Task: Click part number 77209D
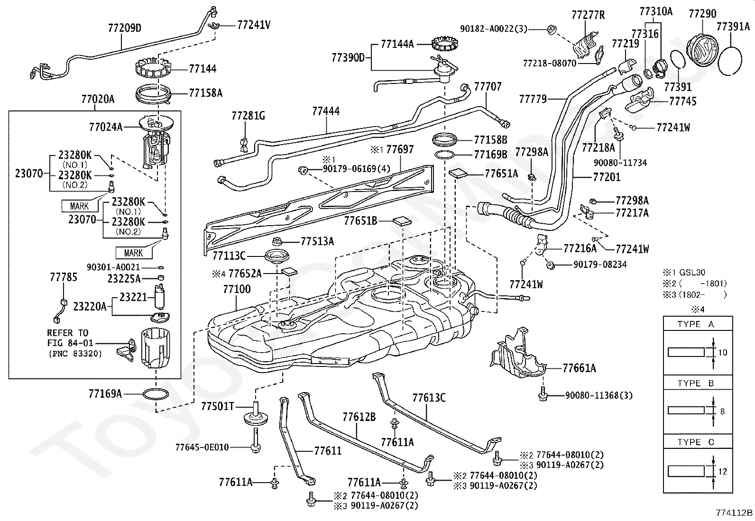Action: (x=125, y=27)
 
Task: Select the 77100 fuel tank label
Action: (x=237, y=289)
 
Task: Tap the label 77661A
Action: (x=580, y=368)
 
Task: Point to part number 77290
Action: (x=702, y=13)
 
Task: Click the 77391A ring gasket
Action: (x=730, y=61)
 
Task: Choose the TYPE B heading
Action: (x=696, y=383)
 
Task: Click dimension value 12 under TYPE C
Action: (x=723, y=472)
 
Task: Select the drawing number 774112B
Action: (x=734, y=512)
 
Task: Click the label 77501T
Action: (x=217, y=406)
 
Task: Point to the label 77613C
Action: (x=429, y=398)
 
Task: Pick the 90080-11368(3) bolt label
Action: (x=599, y=395)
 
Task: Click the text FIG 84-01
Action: (x=70, y=343)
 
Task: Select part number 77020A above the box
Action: (x=98, y=99)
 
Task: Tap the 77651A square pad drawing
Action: (x=458, y=173)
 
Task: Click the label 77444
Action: (x=326, y=111)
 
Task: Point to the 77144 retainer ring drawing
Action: (x=153, y=68)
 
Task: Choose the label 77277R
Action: (x=588, y=15)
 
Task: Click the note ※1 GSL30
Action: (x=684, y=272)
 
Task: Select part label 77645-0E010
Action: (x=202, y=447)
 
